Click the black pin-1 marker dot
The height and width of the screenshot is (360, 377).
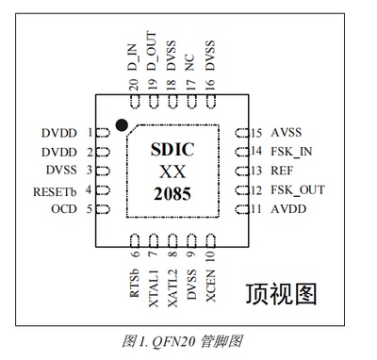click(x=122, y=124)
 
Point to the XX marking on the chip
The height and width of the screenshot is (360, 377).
click(x=172, y=173)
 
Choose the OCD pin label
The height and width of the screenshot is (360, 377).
click(x=63, y=209)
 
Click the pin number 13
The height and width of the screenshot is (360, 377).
click(x=255, y=172)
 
